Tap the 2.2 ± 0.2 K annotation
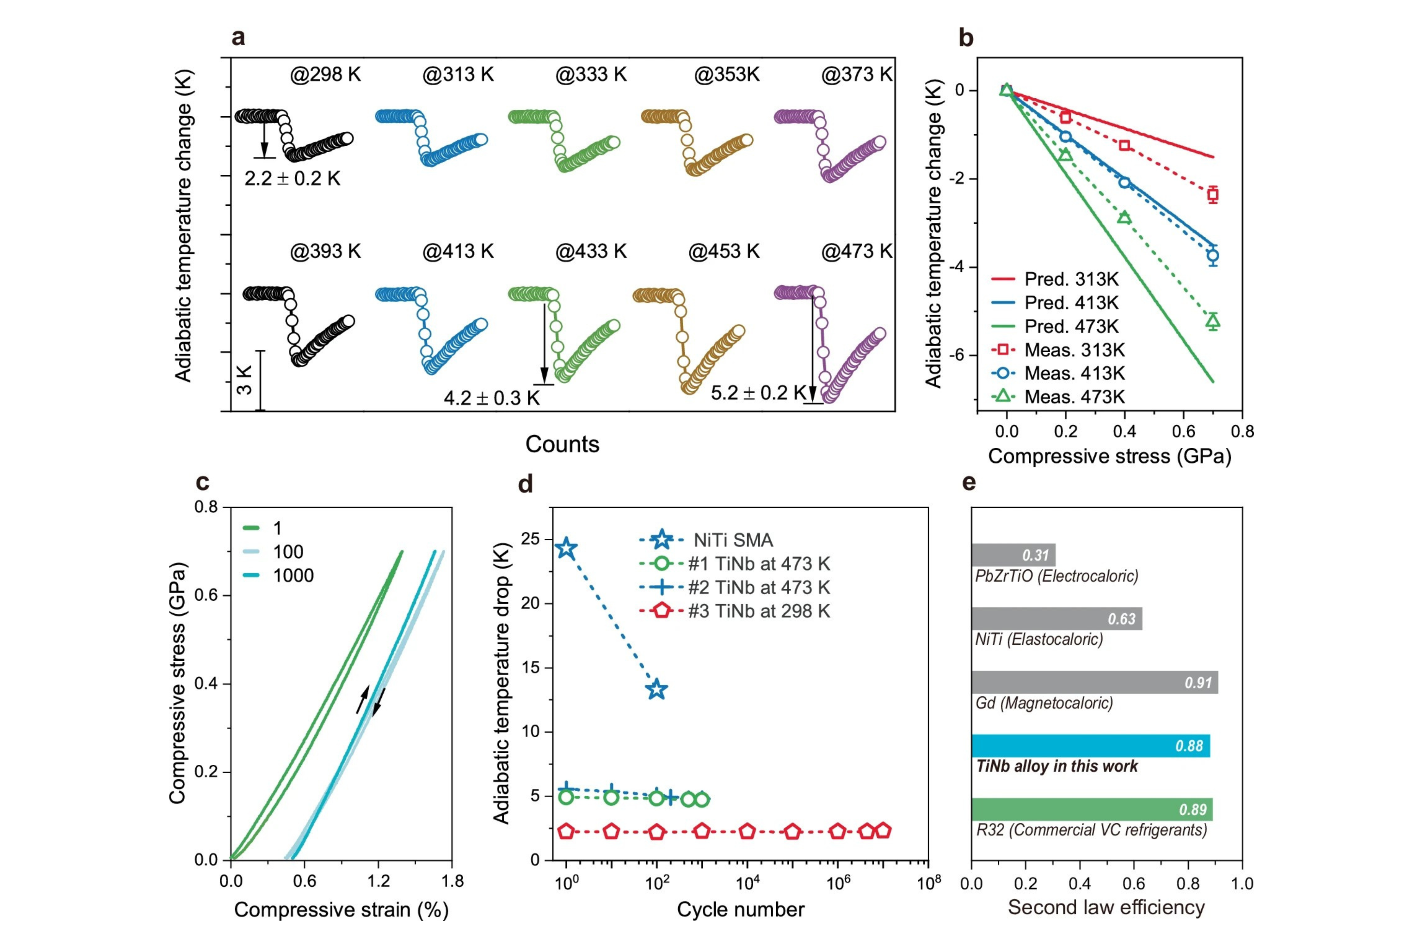coord(292,178)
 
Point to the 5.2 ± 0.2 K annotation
coord(758,393)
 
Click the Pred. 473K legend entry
coord(1071,326)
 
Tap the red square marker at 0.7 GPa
coord(1212,195)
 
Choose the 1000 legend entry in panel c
coord(293,575)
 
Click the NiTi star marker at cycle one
coord(566,548)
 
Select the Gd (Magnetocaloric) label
coord(1044,703)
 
